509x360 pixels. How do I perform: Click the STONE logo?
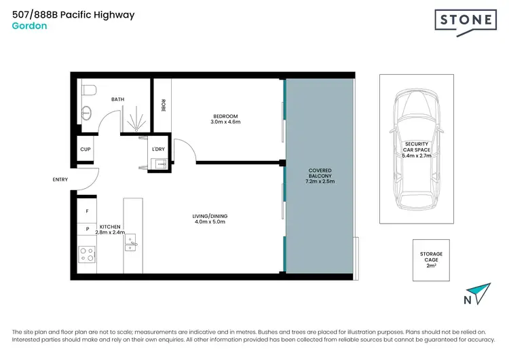point(464,20)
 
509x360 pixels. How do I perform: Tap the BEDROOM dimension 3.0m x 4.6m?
point(227,122)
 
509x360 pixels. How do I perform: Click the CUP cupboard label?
point(86,149)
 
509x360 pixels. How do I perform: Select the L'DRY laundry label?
point(158,149)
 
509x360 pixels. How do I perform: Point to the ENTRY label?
point(60,180)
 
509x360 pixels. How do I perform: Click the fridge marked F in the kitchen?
point(87,211)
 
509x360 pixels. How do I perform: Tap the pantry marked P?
point(87,230)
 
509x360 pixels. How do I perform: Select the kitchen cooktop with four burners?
point(87,254)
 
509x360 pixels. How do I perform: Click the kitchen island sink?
point(133,242)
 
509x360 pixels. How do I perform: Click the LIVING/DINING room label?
point(209,218)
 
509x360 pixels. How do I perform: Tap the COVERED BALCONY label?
point(320,175)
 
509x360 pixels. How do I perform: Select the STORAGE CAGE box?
point(431,259)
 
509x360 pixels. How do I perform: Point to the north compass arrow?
point(482,293)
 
